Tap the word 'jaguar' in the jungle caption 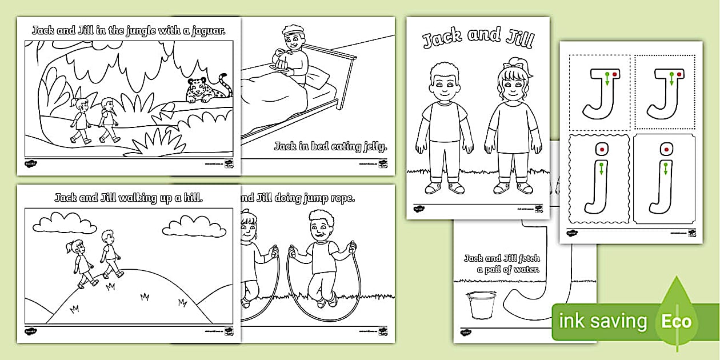pos(206,30)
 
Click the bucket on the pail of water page pos(481,303)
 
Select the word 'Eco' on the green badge pos(677,321)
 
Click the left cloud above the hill pos(69,223)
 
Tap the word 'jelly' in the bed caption pos(375,147)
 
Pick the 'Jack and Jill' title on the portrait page pos(478,38)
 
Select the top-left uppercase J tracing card pos(598,92)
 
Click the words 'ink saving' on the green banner pos(605,322)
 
